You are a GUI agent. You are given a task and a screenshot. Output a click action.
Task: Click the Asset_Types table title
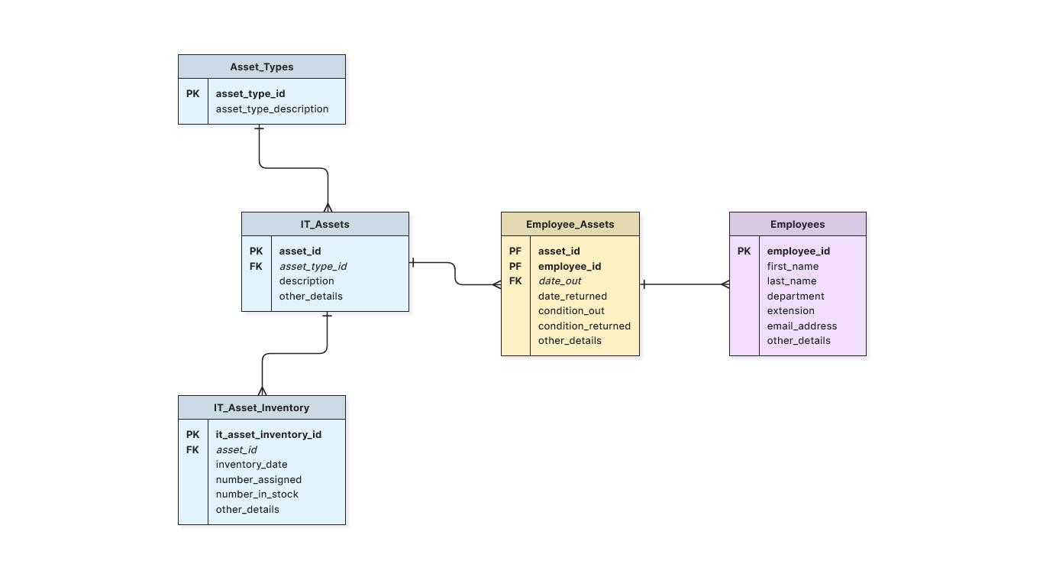(x=261, y=67)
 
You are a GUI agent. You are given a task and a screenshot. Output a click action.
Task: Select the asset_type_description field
(x=272, y=109)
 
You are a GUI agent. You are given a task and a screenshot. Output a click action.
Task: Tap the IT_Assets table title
(x=325, y=225)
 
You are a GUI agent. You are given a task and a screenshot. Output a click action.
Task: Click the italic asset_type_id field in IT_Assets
(x=312, y=267)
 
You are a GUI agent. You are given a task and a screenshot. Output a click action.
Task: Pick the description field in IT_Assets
(x=306, y=281)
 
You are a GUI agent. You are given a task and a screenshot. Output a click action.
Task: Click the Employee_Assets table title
(x=570, y=225)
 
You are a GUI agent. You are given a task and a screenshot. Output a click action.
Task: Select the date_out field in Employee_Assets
(x=560, y=281)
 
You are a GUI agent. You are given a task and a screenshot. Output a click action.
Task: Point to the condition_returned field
(x=584, y=326)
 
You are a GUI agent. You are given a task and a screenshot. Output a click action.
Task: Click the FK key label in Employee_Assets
(x=515, y=281)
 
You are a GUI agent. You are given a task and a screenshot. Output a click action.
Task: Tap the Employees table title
(x=797, y=225)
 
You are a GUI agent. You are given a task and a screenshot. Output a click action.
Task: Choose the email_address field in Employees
(x=802, y=326)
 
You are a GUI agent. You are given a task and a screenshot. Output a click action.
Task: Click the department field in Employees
(x=796, y=297)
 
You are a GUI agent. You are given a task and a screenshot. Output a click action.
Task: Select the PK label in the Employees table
(x=744, y=251)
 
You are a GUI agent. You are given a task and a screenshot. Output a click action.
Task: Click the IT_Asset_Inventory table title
(x=261, y=408)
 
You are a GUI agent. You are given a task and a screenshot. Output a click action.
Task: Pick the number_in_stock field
(x=257, y=495)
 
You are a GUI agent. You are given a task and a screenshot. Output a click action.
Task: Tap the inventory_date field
(x=251, y=465)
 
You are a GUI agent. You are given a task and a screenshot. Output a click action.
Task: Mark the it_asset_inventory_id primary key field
(x=268, y=435)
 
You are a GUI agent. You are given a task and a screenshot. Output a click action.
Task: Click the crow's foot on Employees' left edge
(x=725, y=285)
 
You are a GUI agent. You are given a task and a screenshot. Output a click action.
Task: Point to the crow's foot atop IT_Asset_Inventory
(x=262, y=391)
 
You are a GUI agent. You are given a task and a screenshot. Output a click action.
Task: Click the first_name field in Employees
(x=793, y=267)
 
